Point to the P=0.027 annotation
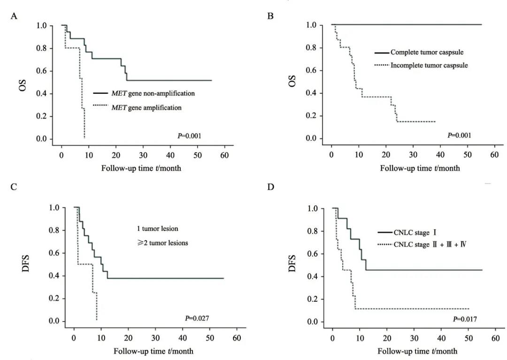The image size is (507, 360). (x=196, y=318)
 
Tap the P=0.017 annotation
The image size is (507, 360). (x=465, y=319)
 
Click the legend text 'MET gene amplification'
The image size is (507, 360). (x=146, y=107)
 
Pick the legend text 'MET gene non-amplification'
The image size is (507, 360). (x=153, y=93)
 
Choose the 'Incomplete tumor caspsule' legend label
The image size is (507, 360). (x=429, y=65)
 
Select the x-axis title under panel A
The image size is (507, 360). (x=141, y=168)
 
